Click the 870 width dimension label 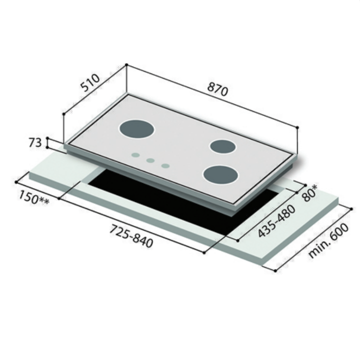pyautogui.click(x=217, y=90)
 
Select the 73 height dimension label pyautogui.click(x=34, y=143)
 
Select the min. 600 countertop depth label pyautogui.click(x=327, y=239)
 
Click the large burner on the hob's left pyautogui.click(x=136, y=129)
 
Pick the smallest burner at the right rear pyautogui.click(x=222, y=146)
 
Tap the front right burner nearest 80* pyautogui.click(x=220, y=175)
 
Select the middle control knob pyautogui.click(x=150, y=160)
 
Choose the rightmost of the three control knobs pyautogui.click(x=165, y=165)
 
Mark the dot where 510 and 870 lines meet pyautogui.click(x=126, y=64)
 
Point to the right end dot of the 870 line pyautogui.click(x=297, y=127)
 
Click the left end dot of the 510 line pyautogui.click(x=63, y=114)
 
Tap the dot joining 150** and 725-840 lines pyautogui.click(x=59, y=198)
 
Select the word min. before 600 pyautogui.click(x=318, y=248)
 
